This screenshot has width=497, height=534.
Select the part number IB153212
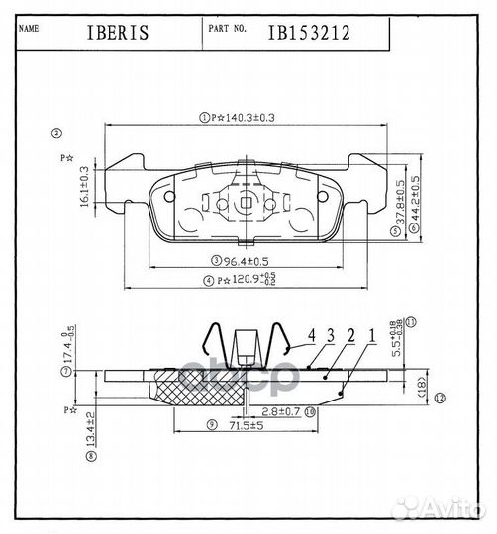tap(308, 32)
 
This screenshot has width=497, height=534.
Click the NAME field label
tap(30, 29)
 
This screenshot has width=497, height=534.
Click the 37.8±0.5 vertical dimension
tap(399, 203)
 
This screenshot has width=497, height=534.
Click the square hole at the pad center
tap(245, 205)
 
